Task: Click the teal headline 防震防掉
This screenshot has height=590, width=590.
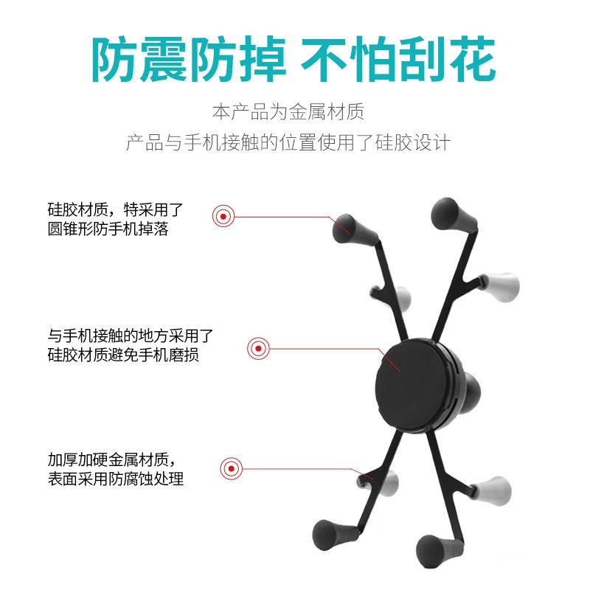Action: coord(189,60)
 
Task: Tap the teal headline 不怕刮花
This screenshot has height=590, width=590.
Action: coord(398,60)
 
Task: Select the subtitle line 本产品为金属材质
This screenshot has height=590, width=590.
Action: coord(288,112)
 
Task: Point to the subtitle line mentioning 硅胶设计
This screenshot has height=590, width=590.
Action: coord(288,142)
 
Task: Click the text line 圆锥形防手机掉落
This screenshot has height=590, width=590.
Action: coord(108,229)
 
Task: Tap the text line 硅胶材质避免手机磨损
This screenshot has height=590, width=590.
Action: coord(123,355)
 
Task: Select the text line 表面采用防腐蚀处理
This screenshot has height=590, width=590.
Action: coord(116,479)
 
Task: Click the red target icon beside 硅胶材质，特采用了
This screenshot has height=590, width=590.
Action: coord(223,216)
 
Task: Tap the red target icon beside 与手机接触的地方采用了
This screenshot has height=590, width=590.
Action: coord(258,348)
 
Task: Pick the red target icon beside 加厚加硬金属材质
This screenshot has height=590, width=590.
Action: coord(231,469)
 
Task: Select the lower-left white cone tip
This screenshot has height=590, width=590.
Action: coord(389,484)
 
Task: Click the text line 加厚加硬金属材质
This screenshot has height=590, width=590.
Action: coord(112,459)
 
